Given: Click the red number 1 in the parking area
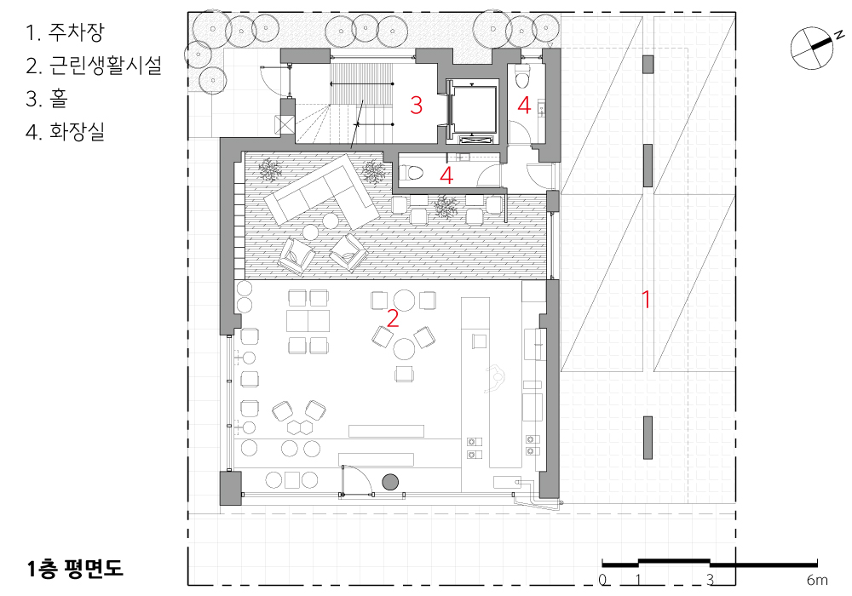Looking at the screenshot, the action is click(646, 299).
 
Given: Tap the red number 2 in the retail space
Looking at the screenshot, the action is click(392, 318).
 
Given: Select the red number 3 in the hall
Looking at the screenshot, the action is click(417, 106).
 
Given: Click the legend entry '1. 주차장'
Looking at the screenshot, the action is click(64, 32).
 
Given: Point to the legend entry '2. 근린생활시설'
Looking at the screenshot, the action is click(94, 66).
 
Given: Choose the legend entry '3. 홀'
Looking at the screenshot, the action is click(47, 99).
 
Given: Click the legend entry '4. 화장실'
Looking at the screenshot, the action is click(66, 132).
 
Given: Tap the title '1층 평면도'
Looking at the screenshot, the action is click(75, 568).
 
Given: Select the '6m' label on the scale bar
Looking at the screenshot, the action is click(817, 581).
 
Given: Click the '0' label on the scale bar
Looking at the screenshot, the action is click(602, 580).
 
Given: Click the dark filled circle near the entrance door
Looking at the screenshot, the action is click(390, 482).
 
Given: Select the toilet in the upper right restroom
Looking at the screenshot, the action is click(522, 77).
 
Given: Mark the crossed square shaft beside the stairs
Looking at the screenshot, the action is click(284, 125).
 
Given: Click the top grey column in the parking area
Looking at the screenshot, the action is click(648, 65).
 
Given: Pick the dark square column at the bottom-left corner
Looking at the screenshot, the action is click(230, 489).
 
